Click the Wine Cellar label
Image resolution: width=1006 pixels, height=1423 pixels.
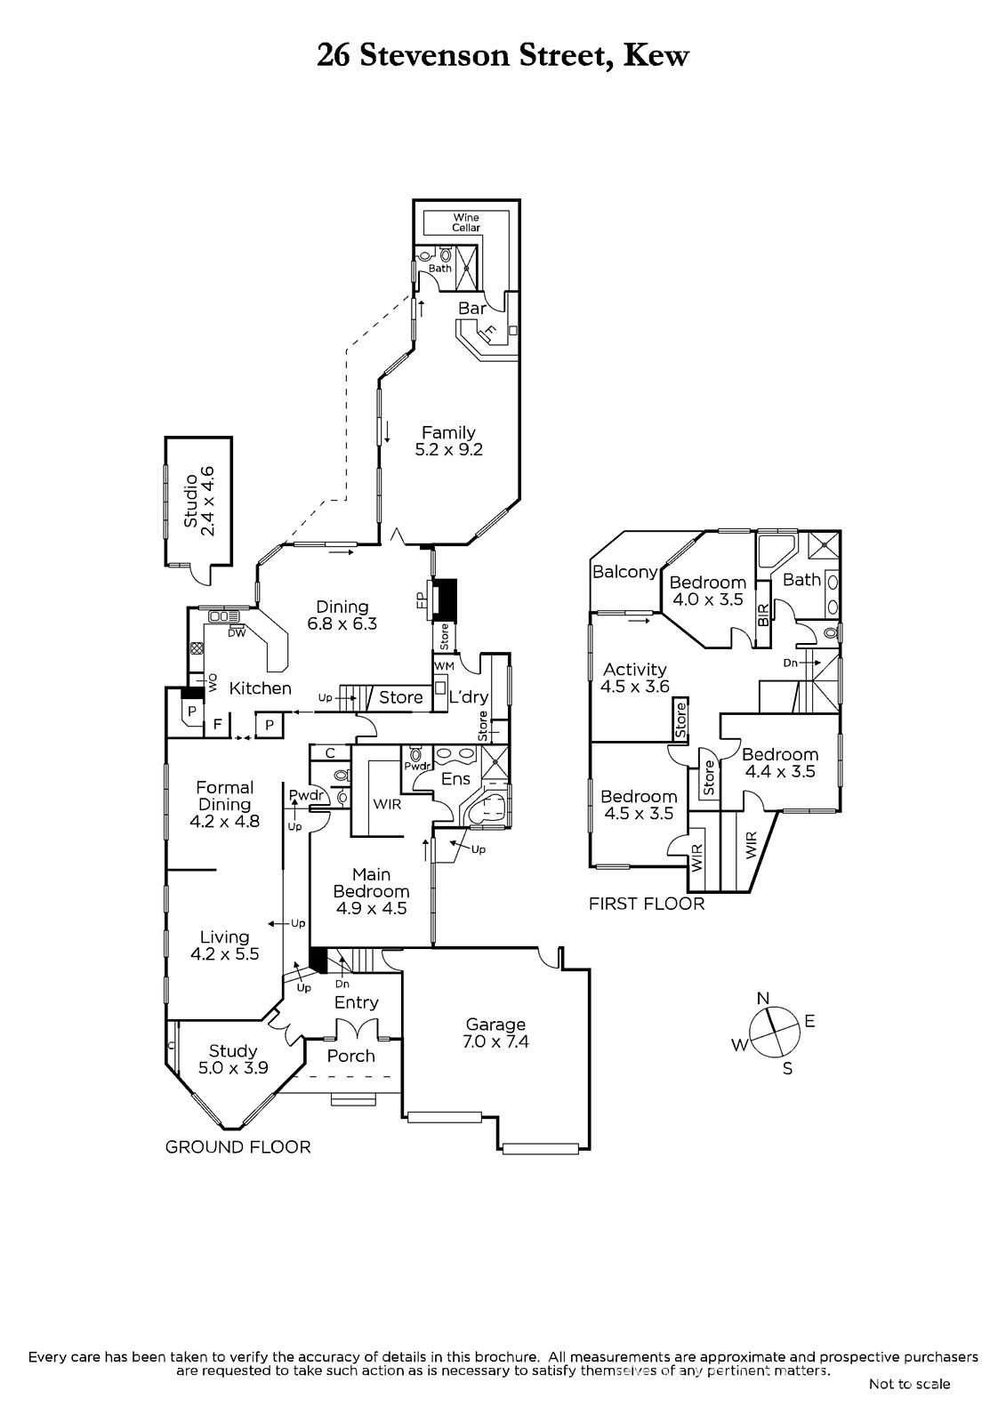pyautogui.click(x=466, y=222)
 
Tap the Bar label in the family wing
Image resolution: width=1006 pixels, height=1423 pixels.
pyautogui.click(x=471, y=308)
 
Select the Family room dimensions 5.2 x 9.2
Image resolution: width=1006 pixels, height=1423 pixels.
pyautogui.click(x=448, y=450)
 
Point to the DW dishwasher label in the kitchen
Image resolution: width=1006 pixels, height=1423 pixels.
pyautogui.click(x=237, y=632)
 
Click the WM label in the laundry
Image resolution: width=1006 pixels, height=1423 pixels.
pyautogui.click(x=444, y=665)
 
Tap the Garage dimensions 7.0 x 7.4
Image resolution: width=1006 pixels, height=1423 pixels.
pyautogui.click(x=496, y=1041)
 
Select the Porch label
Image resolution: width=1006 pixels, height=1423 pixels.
pyautogui.click(x=350, y=1056)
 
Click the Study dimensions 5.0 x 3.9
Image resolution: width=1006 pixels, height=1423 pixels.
pyautogui.click(x=233, y=1068)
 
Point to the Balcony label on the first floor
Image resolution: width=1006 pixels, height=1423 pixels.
pyautogui.click(x=624, y=572)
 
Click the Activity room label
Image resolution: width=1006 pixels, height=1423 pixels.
pyautogui.click(x=634, y=670)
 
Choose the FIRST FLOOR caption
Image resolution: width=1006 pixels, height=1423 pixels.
pyautogui.click(x=647, y=904)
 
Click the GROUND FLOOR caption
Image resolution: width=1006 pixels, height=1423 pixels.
pyautogui.click(x=238, y=1147)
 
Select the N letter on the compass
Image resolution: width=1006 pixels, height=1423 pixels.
pyautogui.click(x=762, y=999)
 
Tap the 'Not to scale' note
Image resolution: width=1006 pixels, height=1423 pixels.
pyautogui.click(x=909, y=1384)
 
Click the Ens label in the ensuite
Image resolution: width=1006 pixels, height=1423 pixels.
pyautogui.click(x=456, y=779)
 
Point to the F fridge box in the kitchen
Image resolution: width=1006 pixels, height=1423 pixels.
pyautogui.click(x=217, y=725)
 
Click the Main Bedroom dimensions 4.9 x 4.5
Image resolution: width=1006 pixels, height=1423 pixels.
pyautogui.click(x=371, y=908)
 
